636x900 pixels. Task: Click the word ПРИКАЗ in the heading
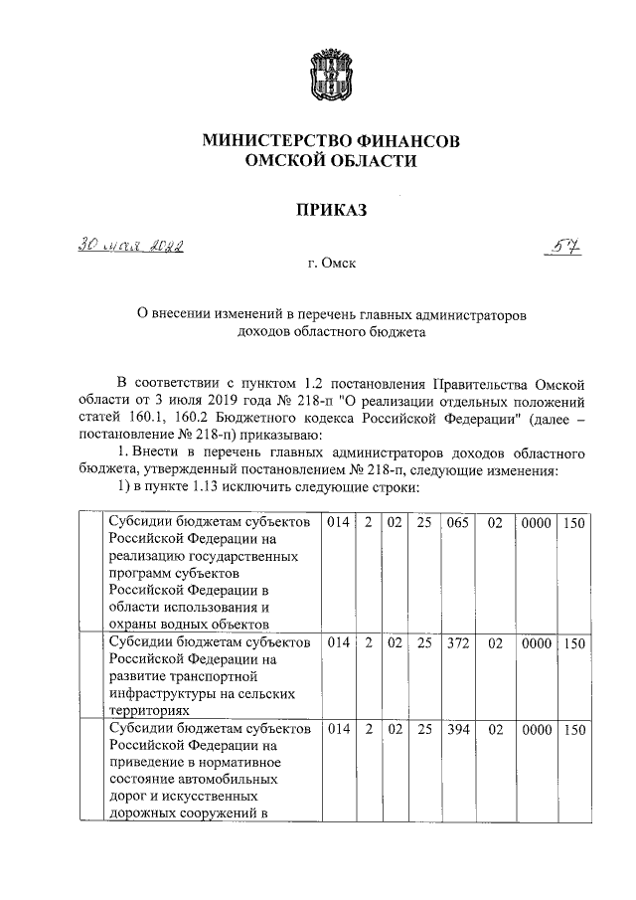331,210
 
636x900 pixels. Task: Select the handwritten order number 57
563,246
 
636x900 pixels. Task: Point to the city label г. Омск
331,265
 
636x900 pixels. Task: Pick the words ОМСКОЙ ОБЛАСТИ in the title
331,161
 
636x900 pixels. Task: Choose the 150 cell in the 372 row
573,643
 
